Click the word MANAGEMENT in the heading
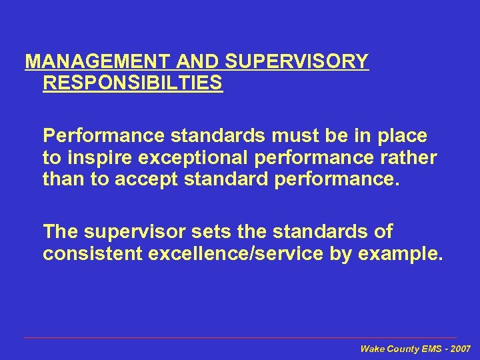pos(98,62)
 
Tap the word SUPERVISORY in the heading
pos(297,62)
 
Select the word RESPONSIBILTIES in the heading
pos(133,84)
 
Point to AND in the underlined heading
pos(199,62)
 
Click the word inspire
pos(92,158)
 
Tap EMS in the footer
pos(427,349)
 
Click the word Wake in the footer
pos(372,349)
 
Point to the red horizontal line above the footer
pos(240,338)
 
